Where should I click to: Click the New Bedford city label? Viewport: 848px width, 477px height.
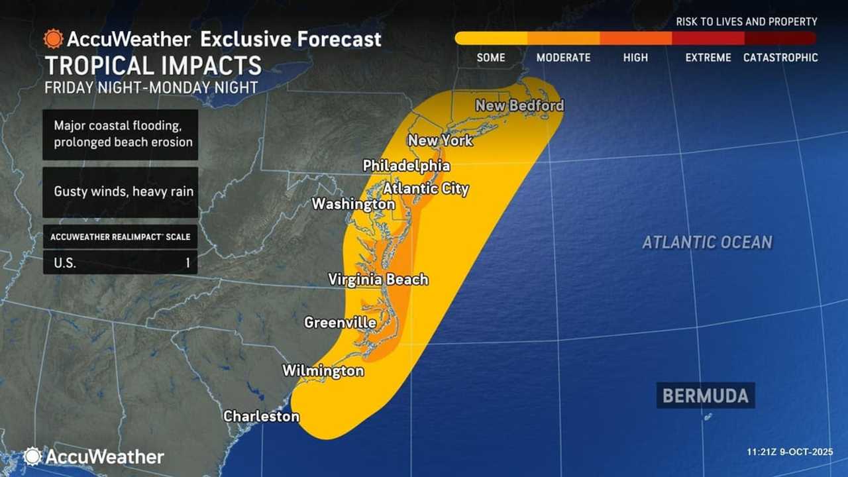[519, 105]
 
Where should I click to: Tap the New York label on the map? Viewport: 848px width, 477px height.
[440, 140]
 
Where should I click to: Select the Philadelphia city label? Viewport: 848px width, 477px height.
[406, 166]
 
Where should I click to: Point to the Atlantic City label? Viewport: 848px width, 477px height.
[426, 189]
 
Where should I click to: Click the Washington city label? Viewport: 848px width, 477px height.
[353, 204]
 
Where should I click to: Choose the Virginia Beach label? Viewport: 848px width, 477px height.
[378, 280]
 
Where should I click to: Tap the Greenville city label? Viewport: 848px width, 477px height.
[340, 323]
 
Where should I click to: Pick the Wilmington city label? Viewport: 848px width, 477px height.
[323, 370]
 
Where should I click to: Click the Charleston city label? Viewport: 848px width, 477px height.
[261, 416]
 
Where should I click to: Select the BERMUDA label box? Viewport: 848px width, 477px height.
[706, 396]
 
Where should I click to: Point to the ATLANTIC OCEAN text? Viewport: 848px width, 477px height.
[707, 242]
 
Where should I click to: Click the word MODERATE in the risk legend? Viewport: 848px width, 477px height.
[563, 58]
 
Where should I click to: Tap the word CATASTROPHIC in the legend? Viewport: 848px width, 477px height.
[780, 58]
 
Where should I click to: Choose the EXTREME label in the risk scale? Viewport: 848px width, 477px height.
[708, 58]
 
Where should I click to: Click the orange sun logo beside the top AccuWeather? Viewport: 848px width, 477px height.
[53, 38]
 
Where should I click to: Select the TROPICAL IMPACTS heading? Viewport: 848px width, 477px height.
[153, 66]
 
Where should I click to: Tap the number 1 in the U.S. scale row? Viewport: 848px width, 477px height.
[187, 262]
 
